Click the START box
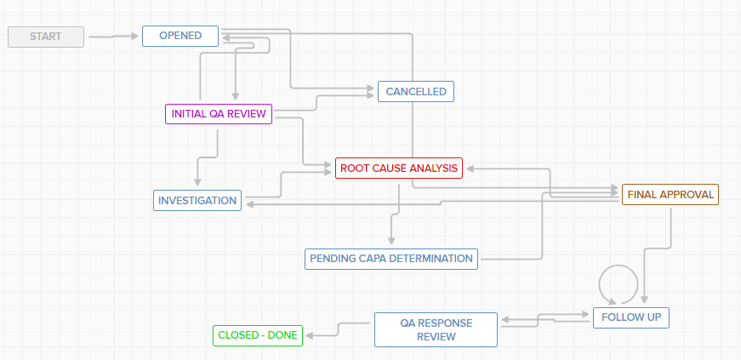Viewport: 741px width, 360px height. coord(46,37)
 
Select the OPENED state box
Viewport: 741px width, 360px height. coord(180,36)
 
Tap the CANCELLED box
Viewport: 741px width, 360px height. coord(416,92)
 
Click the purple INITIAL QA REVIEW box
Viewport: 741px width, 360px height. coord(218,114)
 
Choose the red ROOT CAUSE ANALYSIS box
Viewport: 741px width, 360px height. coord(399,169)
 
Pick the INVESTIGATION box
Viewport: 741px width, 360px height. coord(197,201)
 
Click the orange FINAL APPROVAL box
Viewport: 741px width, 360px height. coord(670,194)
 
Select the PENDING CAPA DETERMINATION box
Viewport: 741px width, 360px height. coord(391,259)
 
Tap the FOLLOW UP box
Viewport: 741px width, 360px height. coord(631,317)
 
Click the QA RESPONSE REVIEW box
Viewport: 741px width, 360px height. coord(436,329)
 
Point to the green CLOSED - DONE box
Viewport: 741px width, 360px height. coord(257,335)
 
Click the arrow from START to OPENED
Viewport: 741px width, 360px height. coord(112,37)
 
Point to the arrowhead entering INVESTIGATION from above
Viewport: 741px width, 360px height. coord(197,183)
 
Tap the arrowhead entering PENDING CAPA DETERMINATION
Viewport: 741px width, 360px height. coord(391,242)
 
